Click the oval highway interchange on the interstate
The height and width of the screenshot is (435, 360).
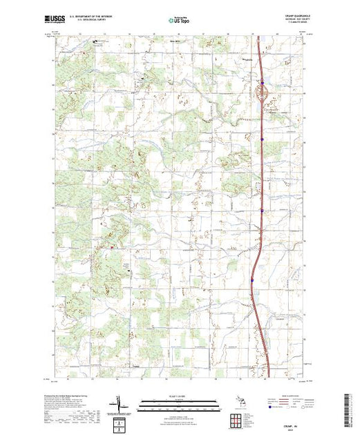tap(263, 90)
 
